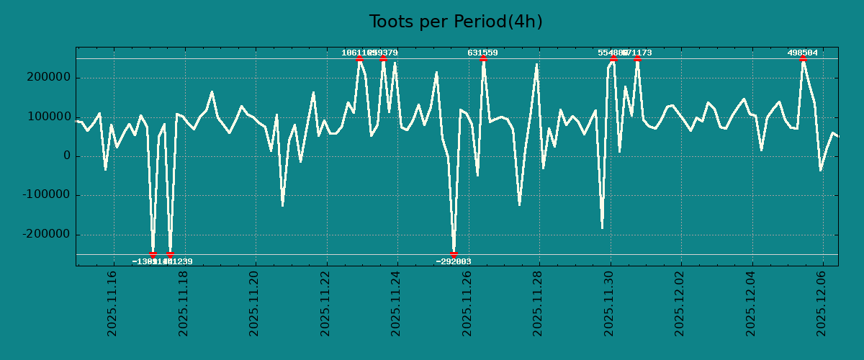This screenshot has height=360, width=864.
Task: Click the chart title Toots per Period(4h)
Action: pyautogui.click(x=456, y=22)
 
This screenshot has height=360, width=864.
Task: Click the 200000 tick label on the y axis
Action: pyautogui.click(x=50, y=78)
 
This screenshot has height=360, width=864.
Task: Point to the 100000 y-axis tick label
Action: pyautogui.click(x=50, y=117)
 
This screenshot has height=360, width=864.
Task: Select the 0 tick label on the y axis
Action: pyautogui.click(x=67, y=156)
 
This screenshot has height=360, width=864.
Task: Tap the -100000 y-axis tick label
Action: pyautogui.click(x=48, y=195)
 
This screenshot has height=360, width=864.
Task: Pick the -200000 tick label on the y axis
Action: pyautogui.click(x=48, y=235)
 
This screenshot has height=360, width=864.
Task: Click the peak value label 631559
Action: pyautogui.click(x=482, y=53)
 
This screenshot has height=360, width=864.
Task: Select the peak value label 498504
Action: pyautogui.click(x=802, y=53)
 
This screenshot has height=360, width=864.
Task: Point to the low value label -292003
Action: pyautogui.click(x=454, y=261)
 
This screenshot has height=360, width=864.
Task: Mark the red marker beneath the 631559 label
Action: pyautogui.click(x=483, y=59)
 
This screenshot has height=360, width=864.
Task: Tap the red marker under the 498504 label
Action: pyautogui.click(x=803, y=59)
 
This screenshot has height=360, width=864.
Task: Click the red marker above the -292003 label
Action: pyautogui.click(x=454, y=254)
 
